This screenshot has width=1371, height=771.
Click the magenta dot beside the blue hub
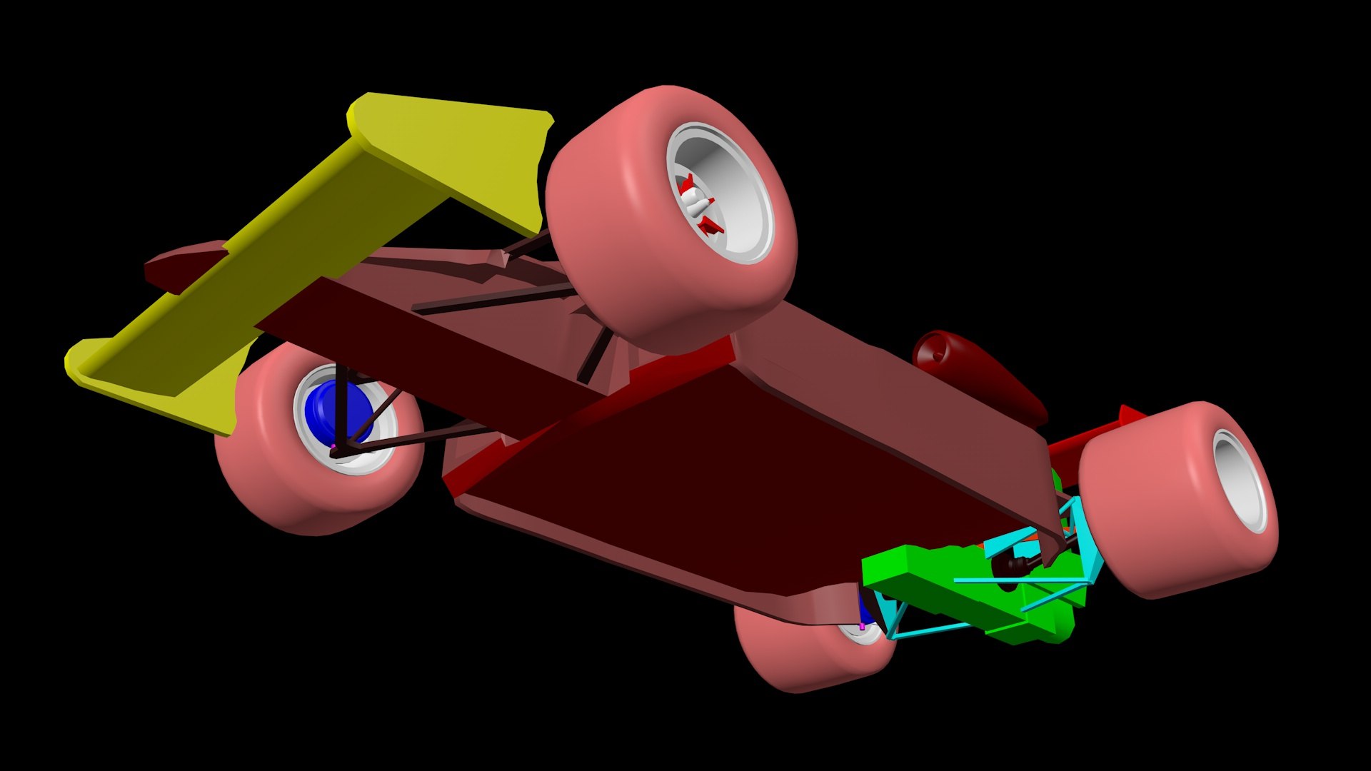333,447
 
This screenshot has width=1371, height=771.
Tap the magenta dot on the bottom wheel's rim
862,626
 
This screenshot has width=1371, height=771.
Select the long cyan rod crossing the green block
1014,580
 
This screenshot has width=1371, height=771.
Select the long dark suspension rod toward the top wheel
493,300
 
